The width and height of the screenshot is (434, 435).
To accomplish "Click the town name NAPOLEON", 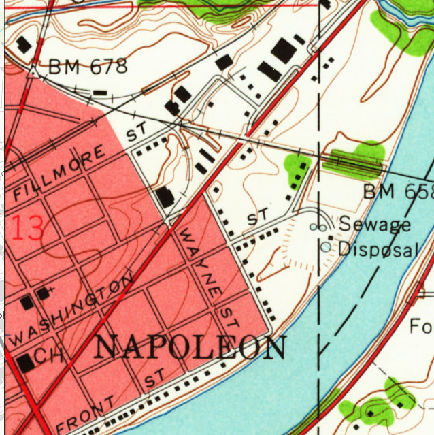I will click(190, 347).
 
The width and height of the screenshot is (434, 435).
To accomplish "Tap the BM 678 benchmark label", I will click(88, 67).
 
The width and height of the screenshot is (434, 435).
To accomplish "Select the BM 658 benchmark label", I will click(397, 192).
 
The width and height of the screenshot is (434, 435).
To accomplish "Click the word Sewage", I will click(375, 223).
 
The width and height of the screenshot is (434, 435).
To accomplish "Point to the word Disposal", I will click(378, 249).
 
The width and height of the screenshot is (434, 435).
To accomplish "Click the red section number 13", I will click(27, 228).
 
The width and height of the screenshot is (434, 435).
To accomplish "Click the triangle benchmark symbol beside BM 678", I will click(33, 69).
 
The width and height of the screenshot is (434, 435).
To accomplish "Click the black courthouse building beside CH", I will click(25, 363).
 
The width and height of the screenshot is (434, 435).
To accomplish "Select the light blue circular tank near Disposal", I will click(326, 246).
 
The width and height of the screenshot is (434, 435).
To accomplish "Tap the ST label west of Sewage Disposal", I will click(258, 218).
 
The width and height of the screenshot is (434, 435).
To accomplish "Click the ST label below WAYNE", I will click(227, 315).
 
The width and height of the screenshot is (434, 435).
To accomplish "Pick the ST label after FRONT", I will click(154, 378).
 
